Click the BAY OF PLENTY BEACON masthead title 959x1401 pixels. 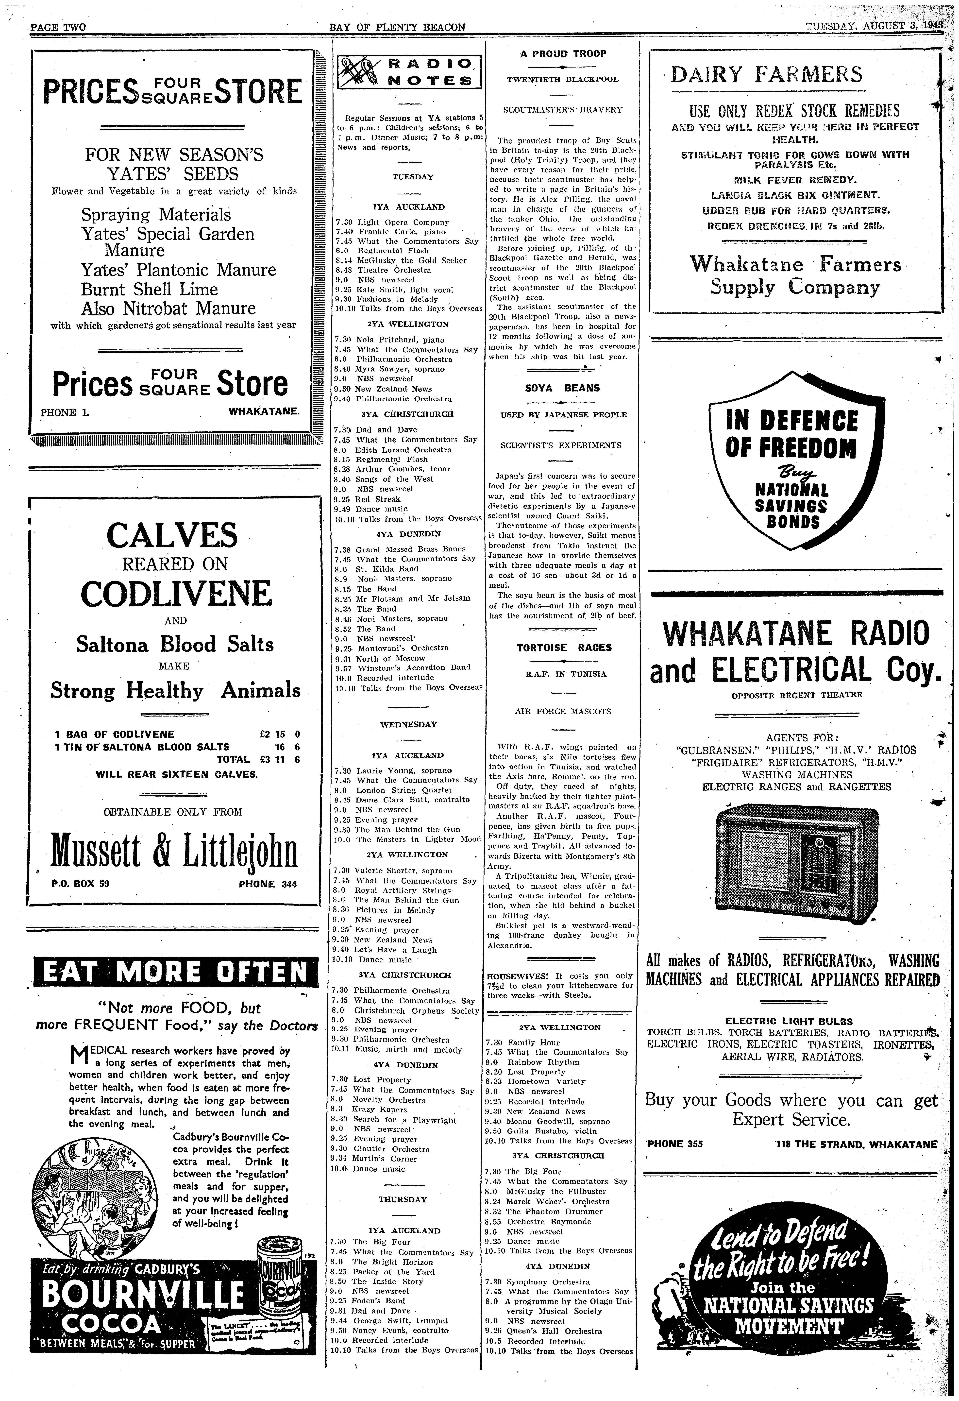398,27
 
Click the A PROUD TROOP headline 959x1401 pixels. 563,54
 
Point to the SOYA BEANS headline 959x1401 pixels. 562,388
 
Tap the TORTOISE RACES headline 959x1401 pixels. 564,648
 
